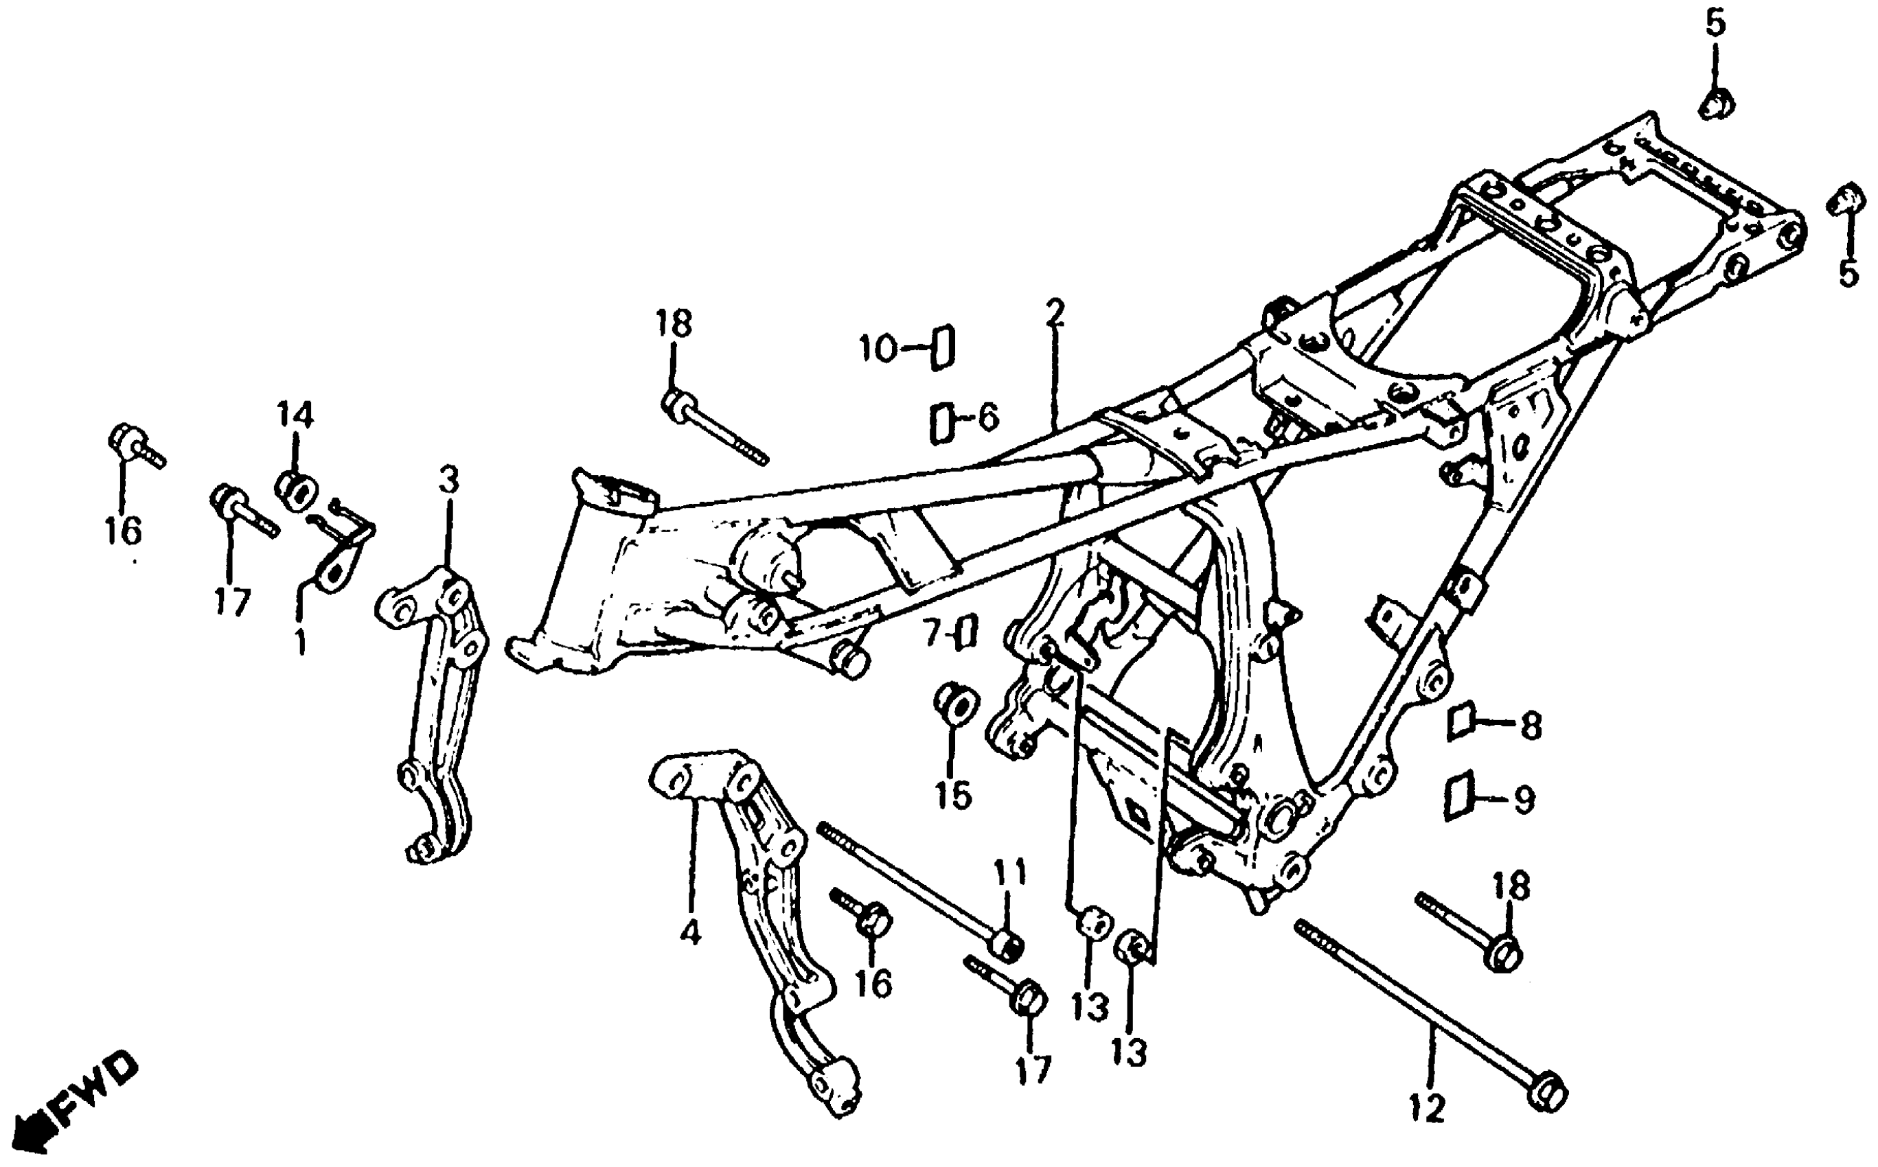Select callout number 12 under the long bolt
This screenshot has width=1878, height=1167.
1426,1110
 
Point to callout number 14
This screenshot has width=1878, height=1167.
296,416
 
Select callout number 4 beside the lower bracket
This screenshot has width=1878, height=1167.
690,932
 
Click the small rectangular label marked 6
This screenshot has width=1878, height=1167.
941,423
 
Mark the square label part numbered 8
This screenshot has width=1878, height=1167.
1461,721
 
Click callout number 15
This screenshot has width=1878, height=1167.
954,794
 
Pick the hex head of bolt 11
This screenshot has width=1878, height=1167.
1007,945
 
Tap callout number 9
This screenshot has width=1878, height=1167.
1524,801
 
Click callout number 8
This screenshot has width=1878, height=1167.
1530,726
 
